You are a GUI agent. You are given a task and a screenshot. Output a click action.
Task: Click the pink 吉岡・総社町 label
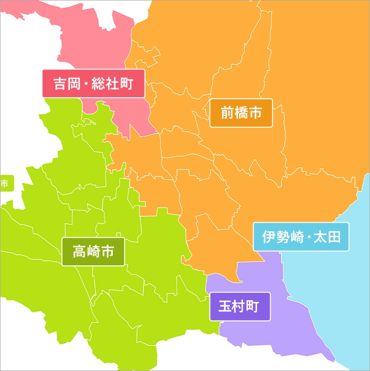click(x=93, y=83)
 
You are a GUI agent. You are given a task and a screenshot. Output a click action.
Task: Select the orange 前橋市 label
click(x=241, y=113)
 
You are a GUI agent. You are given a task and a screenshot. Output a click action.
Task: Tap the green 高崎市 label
click(x=93, y=251)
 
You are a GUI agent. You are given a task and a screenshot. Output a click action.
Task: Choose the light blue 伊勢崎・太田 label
click(x=301, y=236)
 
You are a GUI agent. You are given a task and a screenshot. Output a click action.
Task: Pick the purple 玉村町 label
click(x=239, y=306)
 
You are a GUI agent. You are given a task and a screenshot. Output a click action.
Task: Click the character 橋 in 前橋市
click(x=241, y=113)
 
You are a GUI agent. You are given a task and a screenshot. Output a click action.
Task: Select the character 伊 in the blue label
click(x=269, y=236)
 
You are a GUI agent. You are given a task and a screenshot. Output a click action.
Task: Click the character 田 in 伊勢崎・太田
click(x=333, y=236)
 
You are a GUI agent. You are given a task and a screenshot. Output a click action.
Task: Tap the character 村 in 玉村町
click(x=239, y=306)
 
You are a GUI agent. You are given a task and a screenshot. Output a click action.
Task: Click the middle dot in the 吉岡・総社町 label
click(x=86, y=83)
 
